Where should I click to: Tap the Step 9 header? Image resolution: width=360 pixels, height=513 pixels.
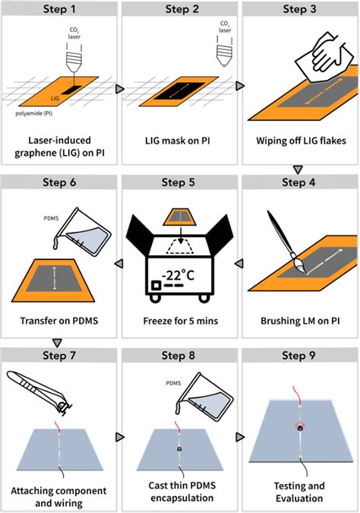point(300,354)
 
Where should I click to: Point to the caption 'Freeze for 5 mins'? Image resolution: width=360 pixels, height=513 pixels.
point(179,321)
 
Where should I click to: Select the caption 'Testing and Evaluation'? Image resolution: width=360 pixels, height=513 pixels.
point(300,492)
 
